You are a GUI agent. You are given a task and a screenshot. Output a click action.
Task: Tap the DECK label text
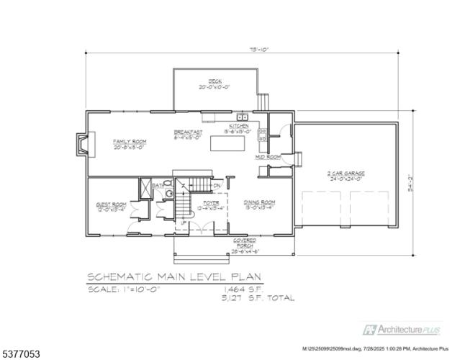click(215, 84)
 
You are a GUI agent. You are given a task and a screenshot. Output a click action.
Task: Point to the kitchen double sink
click(243, 117)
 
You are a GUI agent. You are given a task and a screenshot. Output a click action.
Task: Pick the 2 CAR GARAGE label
click(347, 176)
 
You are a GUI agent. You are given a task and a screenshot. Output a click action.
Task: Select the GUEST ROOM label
click(112, 207)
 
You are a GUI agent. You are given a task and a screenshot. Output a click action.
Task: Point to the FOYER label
click(211, 206)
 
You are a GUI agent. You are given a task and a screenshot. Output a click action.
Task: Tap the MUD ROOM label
click(267, 156)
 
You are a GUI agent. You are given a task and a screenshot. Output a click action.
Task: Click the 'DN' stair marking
click(217, 186)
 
